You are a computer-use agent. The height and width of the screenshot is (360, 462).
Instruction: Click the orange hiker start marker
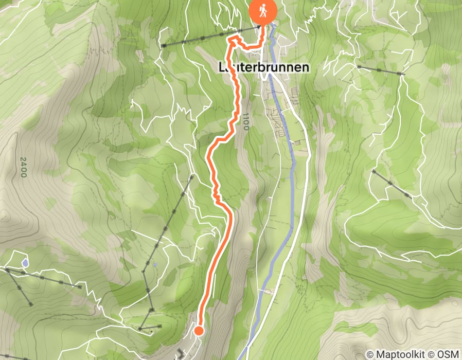point(263,11)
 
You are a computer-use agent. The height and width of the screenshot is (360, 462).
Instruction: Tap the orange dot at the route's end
point(198,331)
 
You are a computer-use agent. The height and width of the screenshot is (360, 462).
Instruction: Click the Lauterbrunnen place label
point(264,67)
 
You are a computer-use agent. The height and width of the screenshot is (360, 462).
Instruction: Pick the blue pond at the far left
point(25,263)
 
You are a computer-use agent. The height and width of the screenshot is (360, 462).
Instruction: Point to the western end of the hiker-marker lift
point(163,46)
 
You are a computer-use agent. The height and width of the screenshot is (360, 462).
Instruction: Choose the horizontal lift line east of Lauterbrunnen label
point(381,70)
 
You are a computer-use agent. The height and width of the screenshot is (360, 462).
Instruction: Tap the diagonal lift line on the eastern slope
point(392,183)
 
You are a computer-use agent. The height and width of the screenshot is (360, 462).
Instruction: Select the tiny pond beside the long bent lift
point(154,265)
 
